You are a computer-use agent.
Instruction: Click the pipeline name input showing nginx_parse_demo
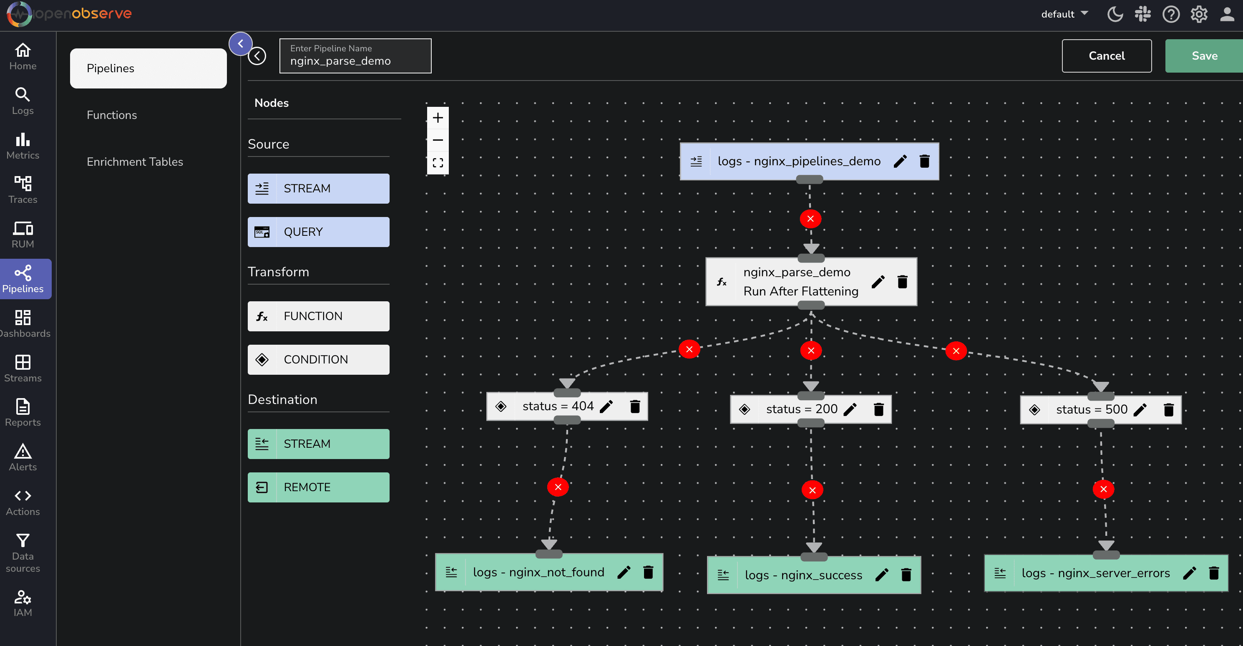[x=355, y=56]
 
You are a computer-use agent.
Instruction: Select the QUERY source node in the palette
[x=319, y=232]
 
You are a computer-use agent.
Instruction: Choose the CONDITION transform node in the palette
[x=319, y=360]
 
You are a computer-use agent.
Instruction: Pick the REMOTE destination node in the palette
[x=319, y=488]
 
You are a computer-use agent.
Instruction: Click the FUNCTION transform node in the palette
[x=319, y=316]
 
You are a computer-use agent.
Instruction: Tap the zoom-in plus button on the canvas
[x=438, y=118]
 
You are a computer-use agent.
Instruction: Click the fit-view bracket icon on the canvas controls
[x=438, y=163]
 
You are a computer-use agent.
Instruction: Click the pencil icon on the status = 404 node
[x=606, y=406]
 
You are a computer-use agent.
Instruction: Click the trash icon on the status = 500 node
[x=1169, y=410]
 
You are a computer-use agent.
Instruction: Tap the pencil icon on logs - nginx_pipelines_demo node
[x=900, y=161]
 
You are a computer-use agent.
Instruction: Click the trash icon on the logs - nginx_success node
[x=906, y=575]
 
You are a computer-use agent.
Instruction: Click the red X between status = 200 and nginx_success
[x=812, y=490]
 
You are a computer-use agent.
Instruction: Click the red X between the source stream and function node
[x=810, y=219]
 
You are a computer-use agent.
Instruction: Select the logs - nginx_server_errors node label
[x=1095, y=573]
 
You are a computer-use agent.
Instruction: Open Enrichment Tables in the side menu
[x=135, y=162]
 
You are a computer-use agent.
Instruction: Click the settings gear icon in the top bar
[x=1199, y=14]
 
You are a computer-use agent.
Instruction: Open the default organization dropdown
[x=1064, y=14]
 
